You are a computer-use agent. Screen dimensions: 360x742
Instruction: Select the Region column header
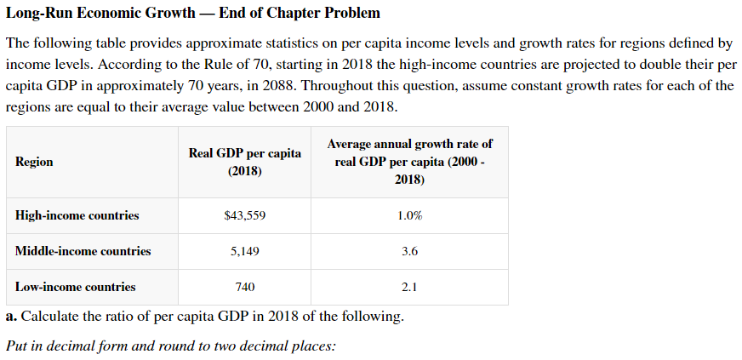coord(34,162)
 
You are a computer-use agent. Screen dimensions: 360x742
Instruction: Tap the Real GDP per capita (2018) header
coord(244,162)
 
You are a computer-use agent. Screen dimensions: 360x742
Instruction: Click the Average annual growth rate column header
coord(409,162)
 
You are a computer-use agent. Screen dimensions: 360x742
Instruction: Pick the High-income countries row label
coord(77,215)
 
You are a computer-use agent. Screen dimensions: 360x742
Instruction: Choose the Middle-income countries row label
coord(83,251)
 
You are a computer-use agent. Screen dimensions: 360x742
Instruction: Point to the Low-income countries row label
coord(75,287)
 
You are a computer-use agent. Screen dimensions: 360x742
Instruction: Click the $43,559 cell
coord(244,215)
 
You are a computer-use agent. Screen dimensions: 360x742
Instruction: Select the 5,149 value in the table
coord(244,251)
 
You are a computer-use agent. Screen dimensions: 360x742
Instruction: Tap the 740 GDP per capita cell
coord(244,287)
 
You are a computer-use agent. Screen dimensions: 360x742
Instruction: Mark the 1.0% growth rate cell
coord(409,215)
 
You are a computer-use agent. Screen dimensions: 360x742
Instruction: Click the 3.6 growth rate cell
coord(409,251)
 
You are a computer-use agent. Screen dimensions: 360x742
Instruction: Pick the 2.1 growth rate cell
coord(409,287)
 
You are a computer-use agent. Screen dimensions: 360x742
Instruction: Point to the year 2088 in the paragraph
coord(281,87)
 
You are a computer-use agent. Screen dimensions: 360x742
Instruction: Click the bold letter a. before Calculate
coord(11,317)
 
